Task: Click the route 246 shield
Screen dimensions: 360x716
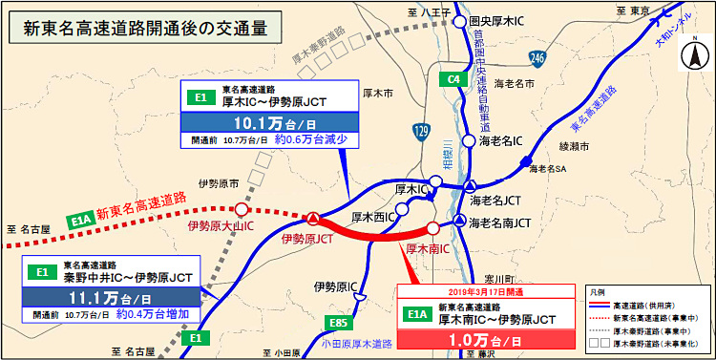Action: tap(538, 59)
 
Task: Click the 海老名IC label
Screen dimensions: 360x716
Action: tap(504, 141)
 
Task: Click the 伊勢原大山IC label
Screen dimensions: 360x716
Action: tap(221, 226)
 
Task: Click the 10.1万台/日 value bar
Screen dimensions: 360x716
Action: tap(269, 121)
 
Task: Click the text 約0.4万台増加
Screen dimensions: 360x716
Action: tap(152, 313)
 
